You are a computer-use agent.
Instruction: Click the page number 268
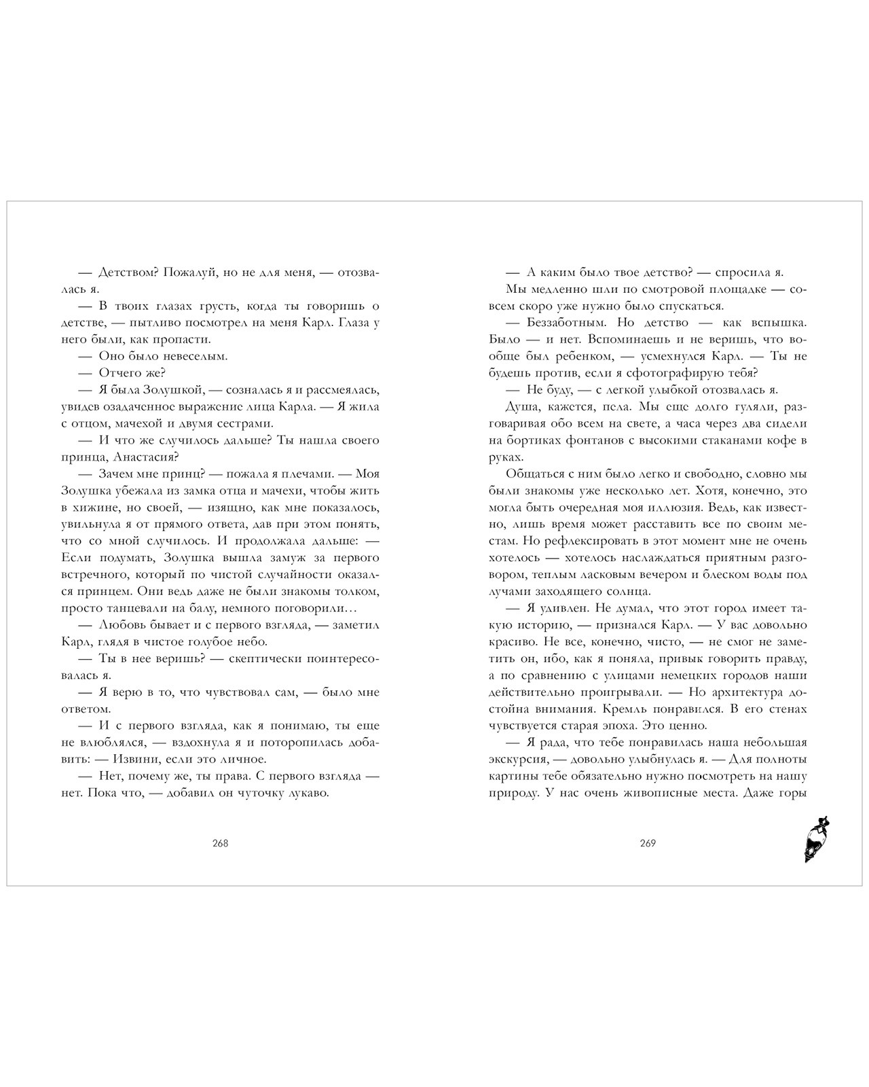click(x=220, y=843)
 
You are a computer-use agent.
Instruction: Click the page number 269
click(x=648, y=843)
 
